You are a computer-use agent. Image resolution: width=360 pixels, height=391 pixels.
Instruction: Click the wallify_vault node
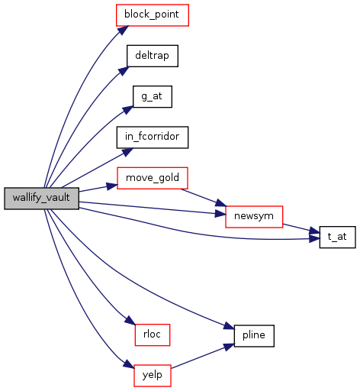pos(41,199)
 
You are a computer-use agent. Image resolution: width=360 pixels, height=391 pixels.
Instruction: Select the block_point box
pos(153,15)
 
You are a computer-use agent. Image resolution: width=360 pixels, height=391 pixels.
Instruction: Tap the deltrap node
pos(153,56)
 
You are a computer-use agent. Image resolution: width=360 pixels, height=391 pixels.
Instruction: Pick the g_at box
pos(153,96)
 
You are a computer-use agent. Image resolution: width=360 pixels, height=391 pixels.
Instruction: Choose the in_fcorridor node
pos(153,137)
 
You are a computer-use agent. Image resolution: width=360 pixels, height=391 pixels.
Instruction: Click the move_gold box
pos(153,178)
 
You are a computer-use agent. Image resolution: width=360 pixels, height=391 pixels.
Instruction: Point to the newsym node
pos(254,217)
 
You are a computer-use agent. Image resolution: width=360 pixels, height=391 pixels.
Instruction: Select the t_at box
pos(337,237)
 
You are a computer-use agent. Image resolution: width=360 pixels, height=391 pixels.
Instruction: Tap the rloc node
pos(153,334)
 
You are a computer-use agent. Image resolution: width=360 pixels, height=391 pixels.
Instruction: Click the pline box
pos(254,336)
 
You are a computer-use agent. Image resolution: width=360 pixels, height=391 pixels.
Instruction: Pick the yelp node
pos(153,376)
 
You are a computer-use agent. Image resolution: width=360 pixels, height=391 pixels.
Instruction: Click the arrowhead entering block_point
pos(123,31)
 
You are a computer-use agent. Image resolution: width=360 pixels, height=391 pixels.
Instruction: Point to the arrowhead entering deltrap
pos(124,71)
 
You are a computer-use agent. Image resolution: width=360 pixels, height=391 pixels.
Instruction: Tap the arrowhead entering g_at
pos(128,110)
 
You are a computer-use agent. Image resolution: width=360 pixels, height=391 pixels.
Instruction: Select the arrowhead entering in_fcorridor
pos(127,152)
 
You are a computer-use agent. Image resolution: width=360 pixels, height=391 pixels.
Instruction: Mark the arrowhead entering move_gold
pos(112,186)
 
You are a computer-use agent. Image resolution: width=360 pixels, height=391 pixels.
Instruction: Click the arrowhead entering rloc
pos(130,320)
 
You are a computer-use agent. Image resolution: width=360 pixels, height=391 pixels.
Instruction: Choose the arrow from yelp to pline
pos(203,357)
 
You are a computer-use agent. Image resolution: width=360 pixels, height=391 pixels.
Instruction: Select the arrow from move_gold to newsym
pos(204,197)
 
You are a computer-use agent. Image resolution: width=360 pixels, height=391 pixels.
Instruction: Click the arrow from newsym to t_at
pos(301,228)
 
